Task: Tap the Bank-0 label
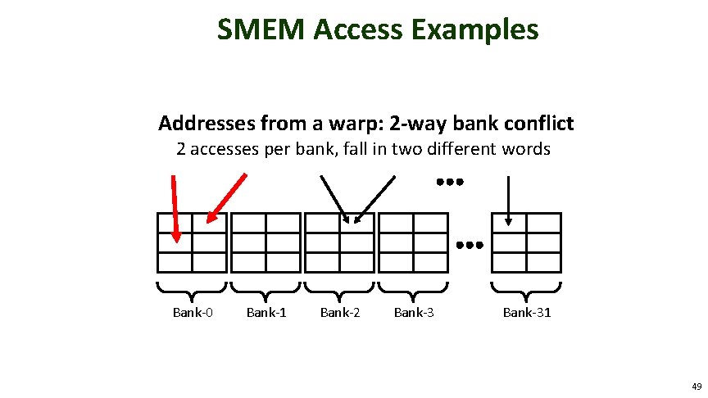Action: coord(193,312)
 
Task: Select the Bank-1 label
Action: coord(266,312)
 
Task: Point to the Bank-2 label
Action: coord(340,312)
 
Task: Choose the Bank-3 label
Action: coord(414,312)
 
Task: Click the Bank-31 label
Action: coord(527,312)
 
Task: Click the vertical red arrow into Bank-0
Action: coord(175,208)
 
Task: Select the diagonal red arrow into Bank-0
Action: coord(227,198)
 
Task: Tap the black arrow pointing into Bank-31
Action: coord(509,198)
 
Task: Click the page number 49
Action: coord(697,386)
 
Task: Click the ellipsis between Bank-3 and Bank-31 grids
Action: coord(470,244)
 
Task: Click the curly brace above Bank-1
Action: coord(265,288)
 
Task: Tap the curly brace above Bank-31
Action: coord(525,288)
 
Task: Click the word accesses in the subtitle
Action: coord(225,150)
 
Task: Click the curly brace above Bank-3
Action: coord(413,288)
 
